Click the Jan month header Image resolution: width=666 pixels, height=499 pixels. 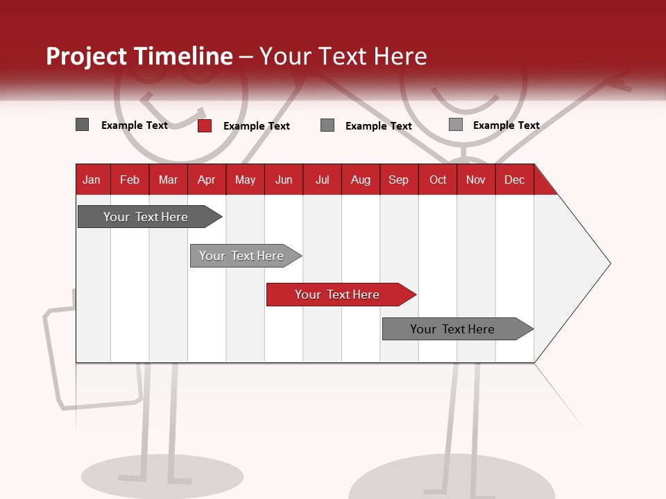92,180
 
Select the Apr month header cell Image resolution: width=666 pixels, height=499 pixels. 206,180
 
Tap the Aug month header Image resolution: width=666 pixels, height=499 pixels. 360,180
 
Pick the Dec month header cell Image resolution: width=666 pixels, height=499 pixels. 514,180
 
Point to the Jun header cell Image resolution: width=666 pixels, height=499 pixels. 283,180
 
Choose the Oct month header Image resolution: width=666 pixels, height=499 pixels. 437,180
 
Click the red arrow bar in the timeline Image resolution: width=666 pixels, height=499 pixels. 340,295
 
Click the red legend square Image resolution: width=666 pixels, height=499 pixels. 204,125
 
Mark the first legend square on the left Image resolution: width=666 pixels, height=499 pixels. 82,125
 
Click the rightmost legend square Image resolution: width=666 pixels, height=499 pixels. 455,125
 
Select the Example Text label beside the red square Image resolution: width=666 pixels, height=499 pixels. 256,126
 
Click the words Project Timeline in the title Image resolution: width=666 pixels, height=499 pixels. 139,56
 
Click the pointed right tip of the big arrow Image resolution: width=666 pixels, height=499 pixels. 608,263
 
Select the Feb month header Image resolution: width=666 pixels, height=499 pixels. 130,180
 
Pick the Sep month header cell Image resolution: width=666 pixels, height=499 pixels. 398,180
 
